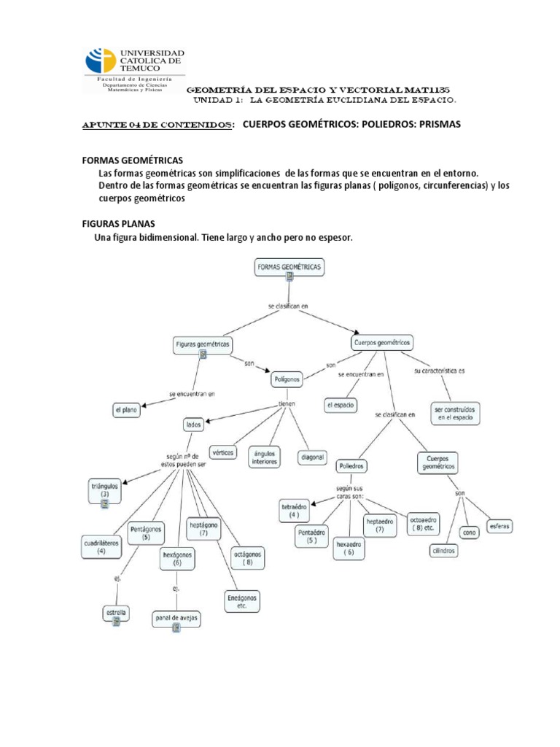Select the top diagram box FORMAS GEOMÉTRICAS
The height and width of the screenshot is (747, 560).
289,269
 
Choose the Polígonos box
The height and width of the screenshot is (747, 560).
287,380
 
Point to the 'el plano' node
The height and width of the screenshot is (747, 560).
125,411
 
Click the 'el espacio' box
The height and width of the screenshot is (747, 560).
341,404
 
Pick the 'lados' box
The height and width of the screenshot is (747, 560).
193,424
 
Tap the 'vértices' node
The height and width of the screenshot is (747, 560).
223,452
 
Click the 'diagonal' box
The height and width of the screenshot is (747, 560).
312,457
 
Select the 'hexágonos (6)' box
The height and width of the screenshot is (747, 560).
177,559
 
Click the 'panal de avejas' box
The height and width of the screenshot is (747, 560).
176,620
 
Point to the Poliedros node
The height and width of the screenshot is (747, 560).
351,465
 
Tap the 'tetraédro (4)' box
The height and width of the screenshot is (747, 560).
294,510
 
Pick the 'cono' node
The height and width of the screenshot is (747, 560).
470,533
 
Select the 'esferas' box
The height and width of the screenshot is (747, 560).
501,526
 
